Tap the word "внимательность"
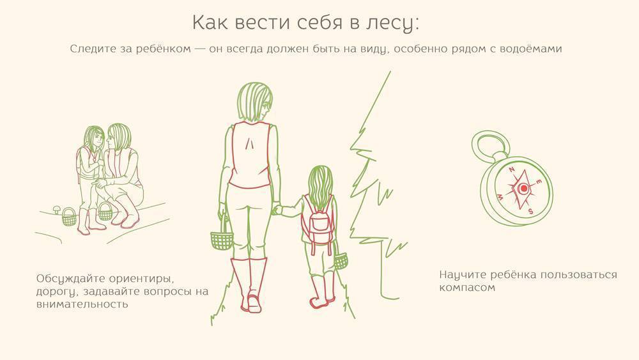tap(82, 304)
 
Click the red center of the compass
tap(523, 189)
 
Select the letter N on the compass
tap(512, 169)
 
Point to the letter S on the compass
tap(530, 211)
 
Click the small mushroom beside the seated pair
tap(57, 210)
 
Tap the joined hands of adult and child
tap(277, 209)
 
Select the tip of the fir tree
tap(390, 72)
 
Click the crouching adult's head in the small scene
tap(118, 137)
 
